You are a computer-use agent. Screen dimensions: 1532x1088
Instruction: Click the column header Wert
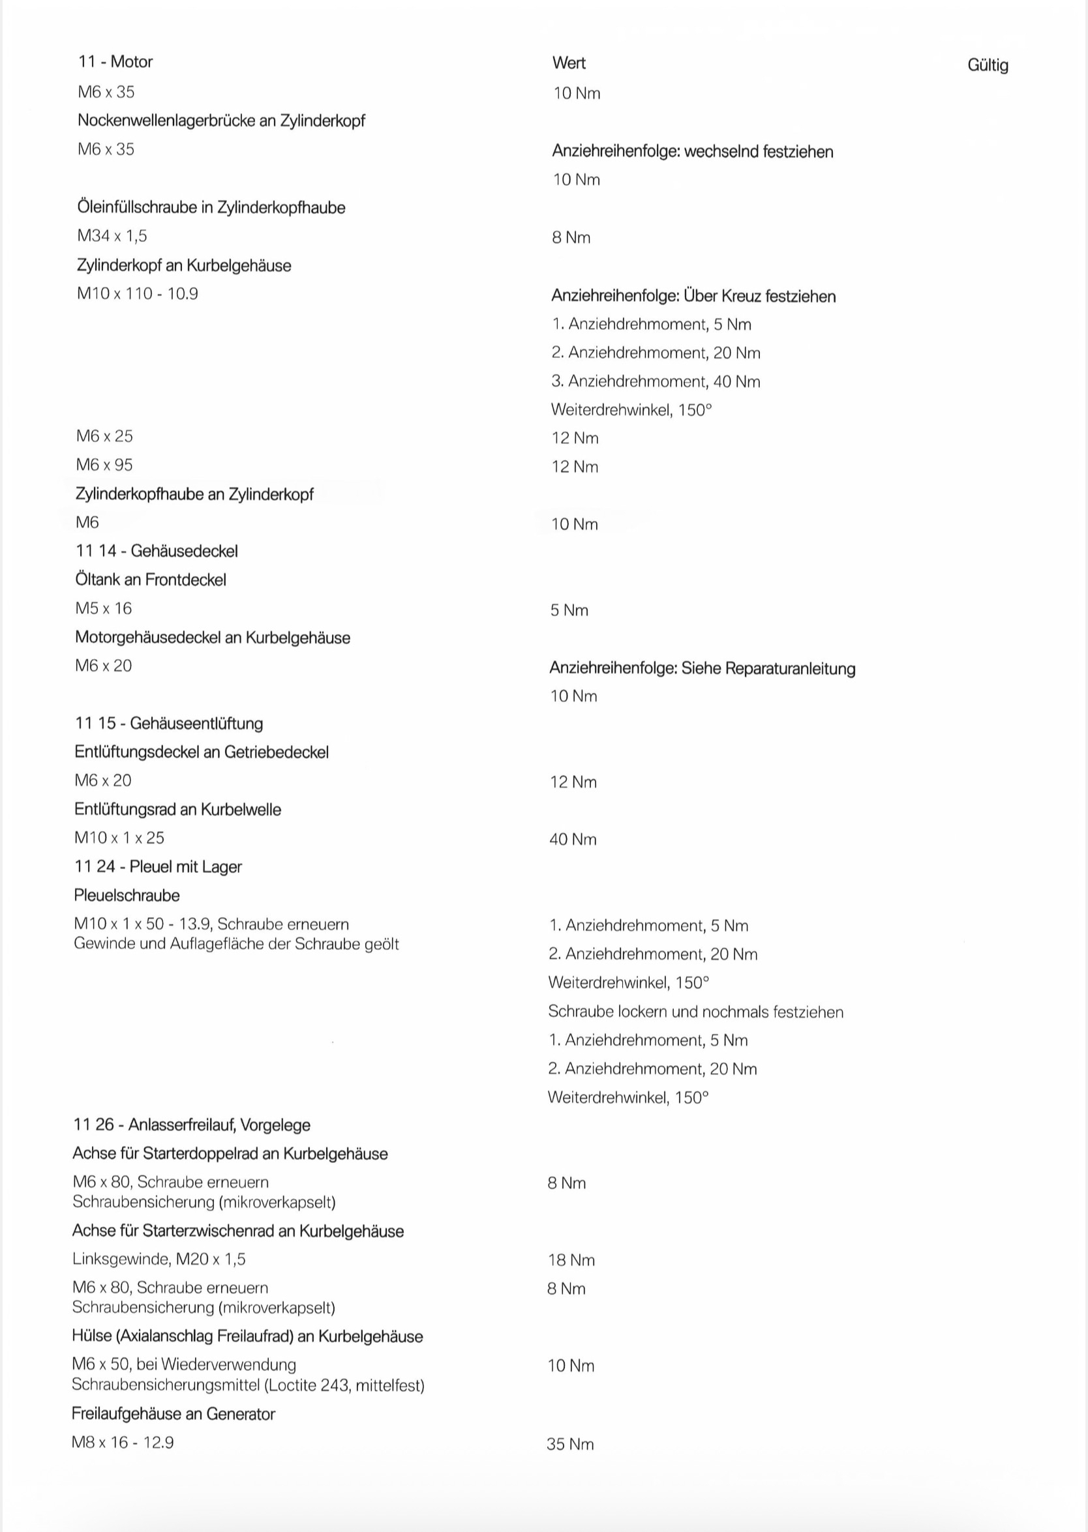click(569, 63)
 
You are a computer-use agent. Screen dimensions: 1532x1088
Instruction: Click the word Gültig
click(988, 66)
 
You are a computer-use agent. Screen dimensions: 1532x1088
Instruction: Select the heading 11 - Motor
click(115, 61)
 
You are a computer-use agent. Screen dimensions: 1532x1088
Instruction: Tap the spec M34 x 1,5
click(112, 236)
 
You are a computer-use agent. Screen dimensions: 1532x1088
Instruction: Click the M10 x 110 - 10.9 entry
click(138, 293)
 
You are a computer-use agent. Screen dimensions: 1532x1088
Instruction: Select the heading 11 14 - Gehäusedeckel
click(156, 551)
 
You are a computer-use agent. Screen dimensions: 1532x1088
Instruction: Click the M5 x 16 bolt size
click(103, 608)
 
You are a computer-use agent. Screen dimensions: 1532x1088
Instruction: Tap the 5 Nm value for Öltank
click(569, 610)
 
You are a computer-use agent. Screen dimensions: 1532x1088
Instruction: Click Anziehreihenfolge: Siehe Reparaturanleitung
click(702, 668)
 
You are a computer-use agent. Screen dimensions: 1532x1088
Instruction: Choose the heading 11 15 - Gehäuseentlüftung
click(169, 723)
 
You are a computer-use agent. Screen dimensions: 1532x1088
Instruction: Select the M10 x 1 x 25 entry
click(119, 838)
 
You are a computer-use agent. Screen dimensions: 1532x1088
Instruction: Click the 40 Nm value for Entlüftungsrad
click(572, 840)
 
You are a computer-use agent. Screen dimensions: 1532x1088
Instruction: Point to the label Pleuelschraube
click(127, 895)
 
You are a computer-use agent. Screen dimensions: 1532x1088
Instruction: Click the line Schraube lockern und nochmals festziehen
click(695, 1012)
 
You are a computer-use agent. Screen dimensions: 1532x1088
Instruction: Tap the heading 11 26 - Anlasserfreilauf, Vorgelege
click(192, 1125)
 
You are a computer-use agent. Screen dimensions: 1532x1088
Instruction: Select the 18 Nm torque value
click(571, 1260)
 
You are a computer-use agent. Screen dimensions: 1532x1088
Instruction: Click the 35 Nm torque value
click(569, 1444)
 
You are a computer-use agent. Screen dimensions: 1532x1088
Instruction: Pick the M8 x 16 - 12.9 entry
click(123, 1442)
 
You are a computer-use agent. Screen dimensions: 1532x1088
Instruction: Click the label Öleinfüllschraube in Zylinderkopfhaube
click(211, 207)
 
